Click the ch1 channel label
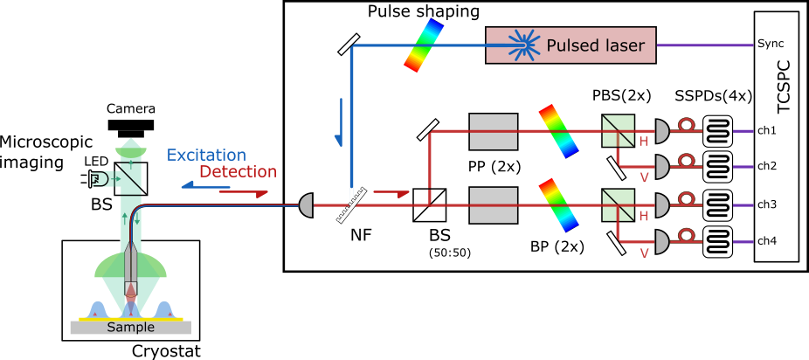[x=767, y=131]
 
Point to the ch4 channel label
[x=767, y=240]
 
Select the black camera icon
[x=130, y=128]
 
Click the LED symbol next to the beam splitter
[x=97, y=178]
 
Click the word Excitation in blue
[x=206, y=156]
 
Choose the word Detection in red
[x=238, y=172]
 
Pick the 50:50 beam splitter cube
[x=430, y=205]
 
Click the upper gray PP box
[x=494, y=131]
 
